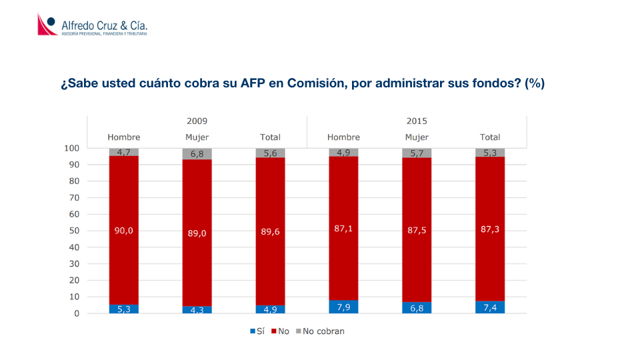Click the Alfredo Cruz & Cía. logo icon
pos(47,25)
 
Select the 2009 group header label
pos(197,121)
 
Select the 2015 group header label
pos(417,121)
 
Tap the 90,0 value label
pos(124,231)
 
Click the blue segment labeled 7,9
pos(343,307)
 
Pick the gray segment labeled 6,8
pos(197,154)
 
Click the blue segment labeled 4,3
pos(197,310)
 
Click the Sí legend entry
pos(257,331)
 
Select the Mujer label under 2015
pos(417,137)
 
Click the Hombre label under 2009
pos(124,137)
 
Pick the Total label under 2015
pos(490,137)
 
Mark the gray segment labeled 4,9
pos(343,153)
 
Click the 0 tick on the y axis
pos(77,313)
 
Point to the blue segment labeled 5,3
pos(124,309)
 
